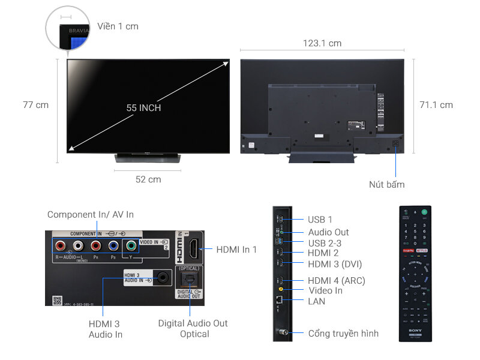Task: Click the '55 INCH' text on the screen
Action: [143, 108]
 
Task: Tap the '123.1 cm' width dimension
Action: [322, 43]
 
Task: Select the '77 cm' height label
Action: [35, 105]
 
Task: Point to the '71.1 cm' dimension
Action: [436, 105]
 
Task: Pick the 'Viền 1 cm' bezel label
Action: [118, 26]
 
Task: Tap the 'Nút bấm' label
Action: [386, 184]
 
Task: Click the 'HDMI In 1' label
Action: [236, 249]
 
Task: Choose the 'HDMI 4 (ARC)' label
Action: [336, 280]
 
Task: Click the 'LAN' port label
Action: [316, 301]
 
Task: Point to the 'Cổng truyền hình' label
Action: [343, 333]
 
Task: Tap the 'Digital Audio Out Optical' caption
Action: [193, 328]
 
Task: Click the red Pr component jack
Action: [95, 245]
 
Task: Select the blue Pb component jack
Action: [113, 245]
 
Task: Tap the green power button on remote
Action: [425, 212]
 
